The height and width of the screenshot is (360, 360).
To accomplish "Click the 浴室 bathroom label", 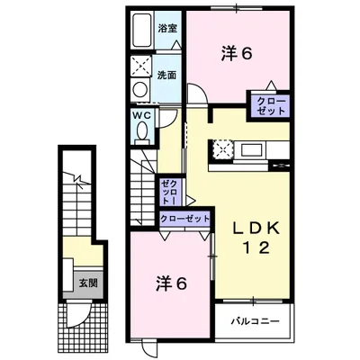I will coord(167,28).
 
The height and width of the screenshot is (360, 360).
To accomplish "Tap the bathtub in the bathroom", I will coord(141,32).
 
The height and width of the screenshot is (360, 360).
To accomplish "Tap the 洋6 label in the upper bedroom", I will coord(237,53).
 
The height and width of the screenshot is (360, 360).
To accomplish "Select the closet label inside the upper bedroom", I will coord(271,104).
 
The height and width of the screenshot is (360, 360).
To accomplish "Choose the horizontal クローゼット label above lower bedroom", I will coord(184,219).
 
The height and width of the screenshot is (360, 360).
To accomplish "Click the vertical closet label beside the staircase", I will coord(170,191).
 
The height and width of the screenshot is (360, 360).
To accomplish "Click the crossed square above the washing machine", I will coord(140,66).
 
